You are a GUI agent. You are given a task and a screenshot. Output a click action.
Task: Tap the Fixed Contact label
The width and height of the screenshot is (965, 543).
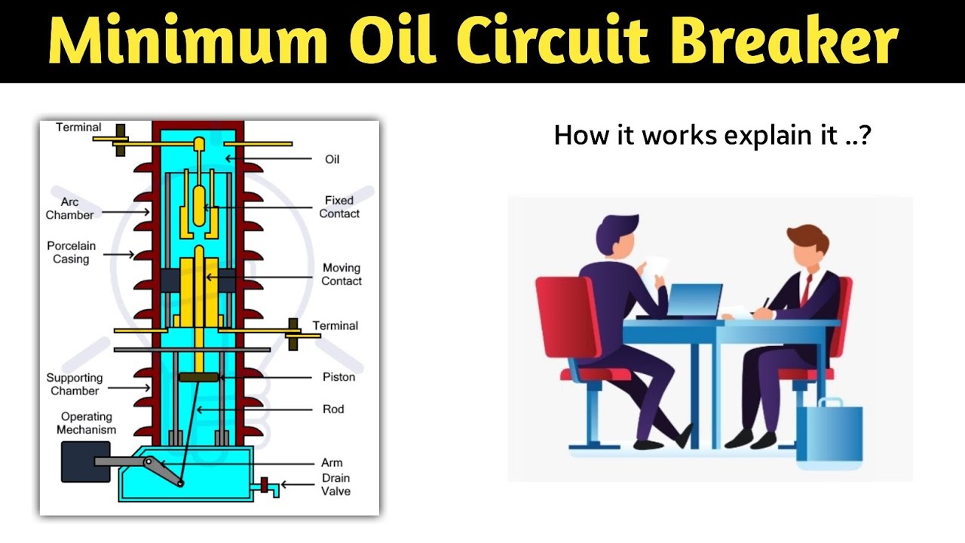point(339,207)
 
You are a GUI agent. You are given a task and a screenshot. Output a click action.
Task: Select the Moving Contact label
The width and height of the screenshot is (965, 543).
point(342,275)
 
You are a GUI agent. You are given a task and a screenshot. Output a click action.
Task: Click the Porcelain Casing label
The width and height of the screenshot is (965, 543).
point(71,253)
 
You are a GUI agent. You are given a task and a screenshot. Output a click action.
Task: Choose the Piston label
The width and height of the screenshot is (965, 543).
point(339,377)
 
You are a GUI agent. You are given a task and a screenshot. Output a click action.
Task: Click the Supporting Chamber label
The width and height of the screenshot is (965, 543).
point(75,385)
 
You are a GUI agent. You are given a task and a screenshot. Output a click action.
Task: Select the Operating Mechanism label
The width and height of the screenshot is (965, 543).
point(87,423)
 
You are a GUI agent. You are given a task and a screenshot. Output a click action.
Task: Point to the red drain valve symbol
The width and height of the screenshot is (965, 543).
point(265,484)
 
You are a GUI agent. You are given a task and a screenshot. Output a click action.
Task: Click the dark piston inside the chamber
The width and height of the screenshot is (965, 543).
point(198,376)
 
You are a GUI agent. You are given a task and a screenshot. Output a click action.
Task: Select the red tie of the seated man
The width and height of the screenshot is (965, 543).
point(805,290)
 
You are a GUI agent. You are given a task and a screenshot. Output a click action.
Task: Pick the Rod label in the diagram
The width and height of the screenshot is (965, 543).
point(333,410)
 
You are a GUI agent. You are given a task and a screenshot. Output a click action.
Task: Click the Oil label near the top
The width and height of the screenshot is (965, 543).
point(332,159)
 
